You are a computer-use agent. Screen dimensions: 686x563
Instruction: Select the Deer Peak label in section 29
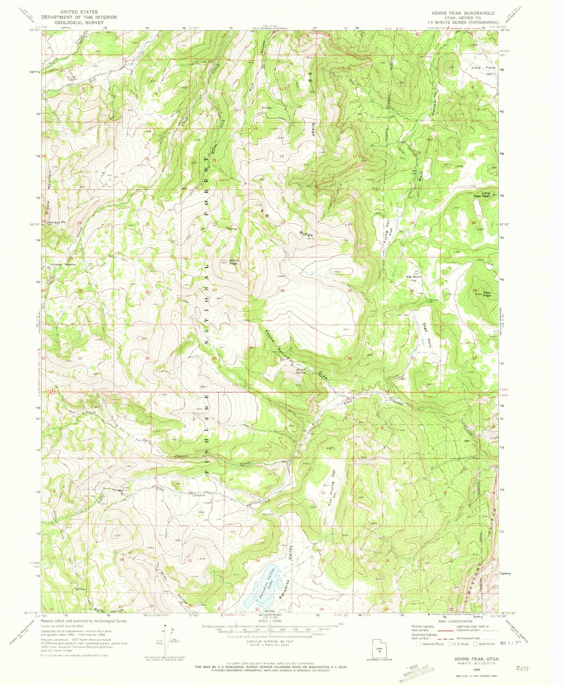click(x=487, y=294)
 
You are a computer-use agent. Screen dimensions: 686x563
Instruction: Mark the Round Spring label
click(x=300, y=371)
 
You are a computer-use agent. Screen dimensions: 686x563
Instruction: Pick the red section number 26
click(x=282, y=291)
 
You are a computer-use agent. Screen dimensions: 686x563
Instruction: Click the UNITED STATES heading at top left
click(x=79, y=12)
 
